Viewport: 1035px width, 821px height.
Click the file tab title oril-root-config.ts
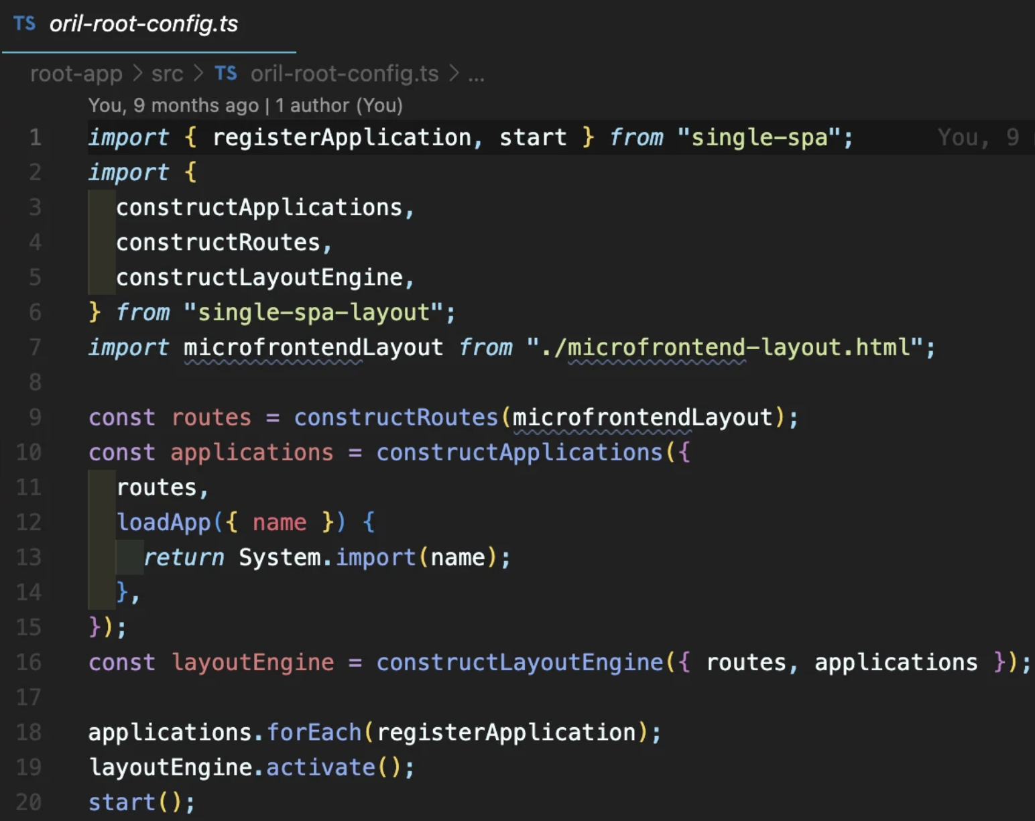click(x=143, y=23)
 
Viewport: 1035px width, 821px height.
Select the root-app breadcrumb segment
click(x=76, y=74)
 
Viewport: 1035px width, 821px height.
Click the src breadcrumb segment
click(x=168, y=74)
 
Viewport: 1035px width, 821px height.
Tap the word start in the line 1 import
click(x=533, y=137)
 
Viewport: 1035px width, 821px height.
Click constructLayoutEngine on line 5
click(x=259, y=277)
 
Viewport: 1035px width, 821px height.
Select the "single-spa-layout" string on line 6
click(x=314, y=312)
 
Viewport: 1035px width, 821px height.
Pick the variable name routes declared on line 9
click(x=211, y=418)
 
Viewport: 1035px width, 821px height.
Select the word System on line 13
click(x=280, y=558)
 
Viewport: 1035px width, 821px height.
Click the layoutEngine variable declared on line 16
click(x=253, y=662)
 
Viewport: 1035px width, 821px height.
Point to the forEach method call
click(x=314, y=733)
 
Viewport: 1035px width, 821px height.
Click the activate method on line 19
click(x=321, y=767)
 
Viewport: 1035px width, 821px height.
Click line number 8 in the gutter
click(x=35, y=383)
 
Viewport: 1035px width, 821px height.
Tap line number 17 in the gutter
click(x=28, y=698)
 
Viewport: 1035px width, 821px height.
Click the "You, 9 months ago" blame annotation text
click(x=174, y=105)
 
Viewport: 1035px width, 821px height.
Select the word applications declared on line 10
click(x=251, y=452)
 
